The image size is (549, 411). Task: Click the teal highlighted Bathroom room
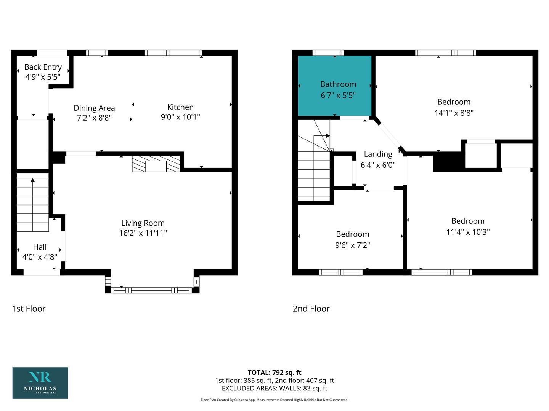tap(334, 86)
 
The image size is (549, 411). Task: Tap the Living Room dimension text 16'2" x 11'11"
tap(143, 233)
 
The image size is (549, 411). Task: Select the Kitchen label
tap(180, 107)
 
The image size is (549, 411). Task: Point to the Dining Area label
tap(94, 108)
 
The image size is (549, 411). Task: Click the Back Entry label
tap(43, 67)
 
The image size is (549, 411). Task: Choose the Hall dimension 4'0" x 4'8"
tap(40, 257)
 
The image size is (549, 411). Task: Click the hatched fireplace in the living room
tap(156, 164)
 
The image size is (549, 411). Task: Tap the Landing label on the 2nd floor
tap(378, 155)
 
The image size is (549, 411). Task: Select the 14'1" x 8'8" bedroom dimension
tap(454, 113)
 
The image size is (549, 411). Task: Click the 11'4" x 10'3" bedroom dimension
tap(468, 232)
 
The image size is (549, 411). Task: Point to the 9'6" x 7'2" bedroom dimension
tap(352, 245)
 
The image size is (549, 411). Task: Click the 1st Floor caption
tap(29, 309)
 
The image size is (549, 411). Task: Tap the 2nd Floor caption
tap(311, 309)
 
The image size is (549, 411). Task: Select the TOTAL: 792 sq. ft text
tap(274, 373)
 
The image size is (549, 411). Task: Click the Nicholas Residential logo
tap(40, 383)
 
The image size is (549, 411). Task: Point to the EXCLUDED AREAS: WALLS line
tap(274, 388)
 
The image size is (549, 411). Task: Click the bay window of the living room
tap(152, 290)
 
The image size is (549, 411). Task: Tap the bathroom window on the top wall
tap(328, 53)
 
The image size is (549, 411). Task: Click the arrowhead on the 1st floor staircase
tap(33, 180)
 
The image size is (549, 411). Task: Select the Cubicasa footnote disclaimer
tap(274, 400)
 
